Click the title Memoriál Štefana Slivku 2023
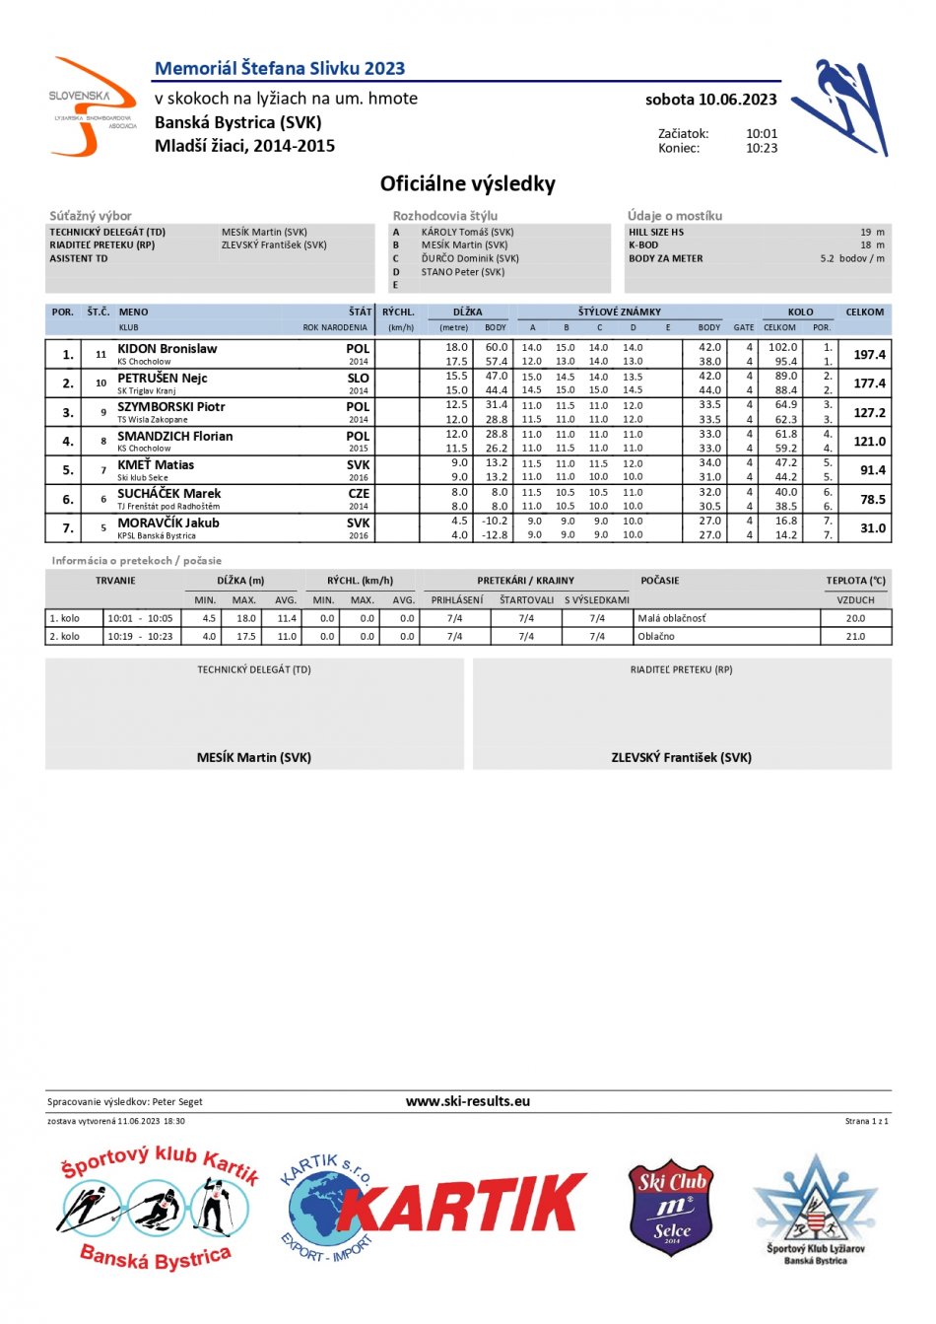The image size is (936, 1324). click(x=280, y=69)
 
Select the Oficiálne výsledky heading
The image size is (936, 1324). click(x=468, y=184)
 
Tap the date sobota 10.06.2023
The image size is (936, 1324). click(x=710, y=100)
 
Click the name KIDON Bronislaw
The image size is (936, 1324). click(x=167, y=349)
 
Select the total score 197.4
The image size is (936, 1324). click(x=869, y=355)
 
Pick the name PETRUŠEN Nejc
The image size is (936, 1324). click(x=163, y=378)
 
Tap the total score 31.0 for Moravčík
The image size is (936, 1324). click(x=872, y=528)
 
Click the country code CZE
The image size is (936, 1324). click(x=358, y=494)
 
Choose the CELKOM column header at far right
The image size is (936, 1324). click(x=865, y=313)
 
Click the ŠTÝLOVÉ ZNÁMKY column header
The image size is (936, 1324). click(x=620, y=313)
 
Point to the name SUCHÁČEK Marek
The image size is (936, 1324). click(x=169, y=494)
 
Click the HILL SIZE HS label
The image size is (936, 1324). click(x=656, y=233)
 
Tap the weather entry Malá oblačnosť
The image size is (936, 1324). click(x=672, y=619)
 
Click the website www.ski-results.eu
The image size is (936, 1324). click(x=468, y=1102)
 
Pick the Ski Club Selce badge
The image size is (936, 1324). click(x=671, y=1207)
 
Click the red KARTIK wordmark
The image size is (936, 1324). click(x=463, y=1204)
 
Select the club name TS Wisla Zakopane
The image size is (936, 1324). click(x=153, y=420)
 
